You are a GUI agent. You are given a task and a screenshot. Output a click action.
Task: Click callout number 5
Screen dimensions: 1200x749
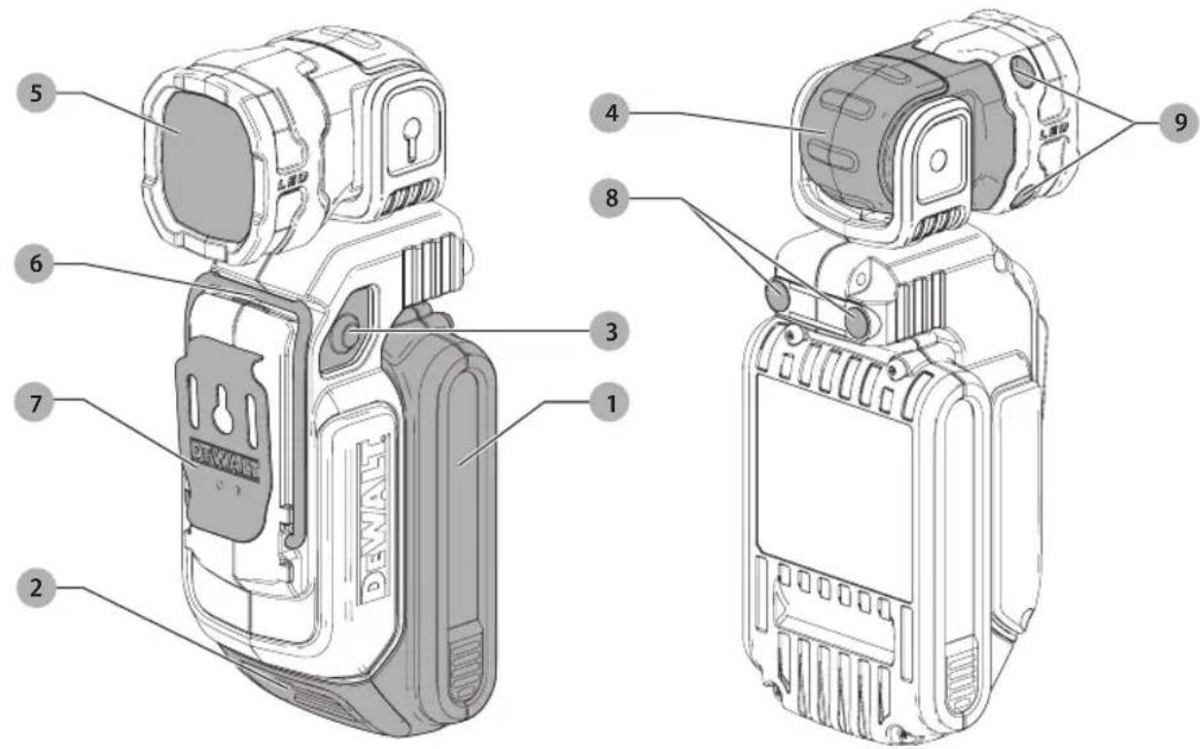[x=36, y=92]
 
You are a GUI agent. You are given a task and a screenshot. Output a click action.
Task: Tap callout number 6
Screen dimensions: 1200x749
[x=35, y=264]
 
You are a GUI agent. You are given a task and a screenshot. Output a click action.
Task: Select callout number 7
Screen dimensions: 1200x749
[x=35, y=403]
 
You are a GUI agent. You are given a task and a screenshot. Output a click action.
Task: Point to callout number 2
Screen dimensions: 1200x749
[x=36, y=588]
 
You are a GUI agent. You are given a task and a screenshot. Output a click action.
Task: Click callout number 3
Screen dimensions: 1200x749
[x=610, y=331]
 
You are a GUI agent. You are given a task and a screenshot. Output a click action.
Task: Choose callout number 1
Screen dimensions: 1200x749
[x=610, y=403]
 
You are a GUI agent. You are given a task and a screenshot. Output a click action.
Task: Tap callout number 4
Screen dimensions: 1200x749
[x=610, y=113]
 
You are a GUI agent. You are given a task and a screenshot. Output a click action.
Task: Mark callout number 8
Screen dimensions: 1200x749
[x=610, y=198]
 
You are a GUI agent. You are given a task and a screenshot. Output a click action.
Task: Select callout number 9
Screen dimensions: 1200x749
[x=1180, y=123]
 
